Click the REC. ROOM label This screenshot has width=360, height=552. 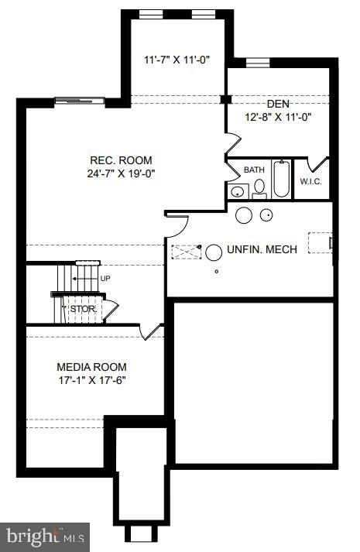click(121, 160)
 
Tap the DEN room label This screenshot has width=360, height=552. click(278, 104)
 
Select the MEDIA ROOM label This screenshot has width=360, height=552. click(91, 367)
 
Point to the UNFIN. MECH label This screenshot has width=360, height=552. click(262, 249)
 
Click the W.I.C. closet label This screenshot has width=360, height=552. click(310, 182)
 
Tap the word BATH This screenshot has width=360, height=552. click(254, 170)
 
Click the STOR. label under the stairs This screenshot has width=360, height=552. click(84, 309)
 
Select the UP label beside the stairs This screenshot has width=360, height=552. click(105, 279)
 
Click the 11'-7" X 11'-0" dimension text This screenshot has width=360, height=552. click(177, 60)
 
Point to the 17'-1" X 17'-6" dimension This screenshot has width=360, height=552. click(92, 380)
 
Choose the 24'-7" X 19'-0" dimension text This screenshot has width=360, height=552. click(121, 173)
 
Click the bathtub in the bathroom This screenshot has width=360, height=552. click(281, 179)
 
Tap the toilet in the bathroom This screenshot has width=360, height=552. click(259, 189)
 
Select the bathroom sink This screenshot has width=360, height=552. click(238, 191)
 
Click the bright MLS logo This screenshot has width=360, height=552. click(45, 537)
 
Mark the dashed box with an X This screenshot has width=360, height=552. click(186, 252)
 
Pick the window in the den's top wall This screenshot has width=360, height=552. click(258, 63)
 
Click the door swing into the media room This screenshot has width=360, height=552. click(152, 332)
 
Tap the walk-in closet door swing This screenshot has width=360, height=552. click(317, 165)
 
